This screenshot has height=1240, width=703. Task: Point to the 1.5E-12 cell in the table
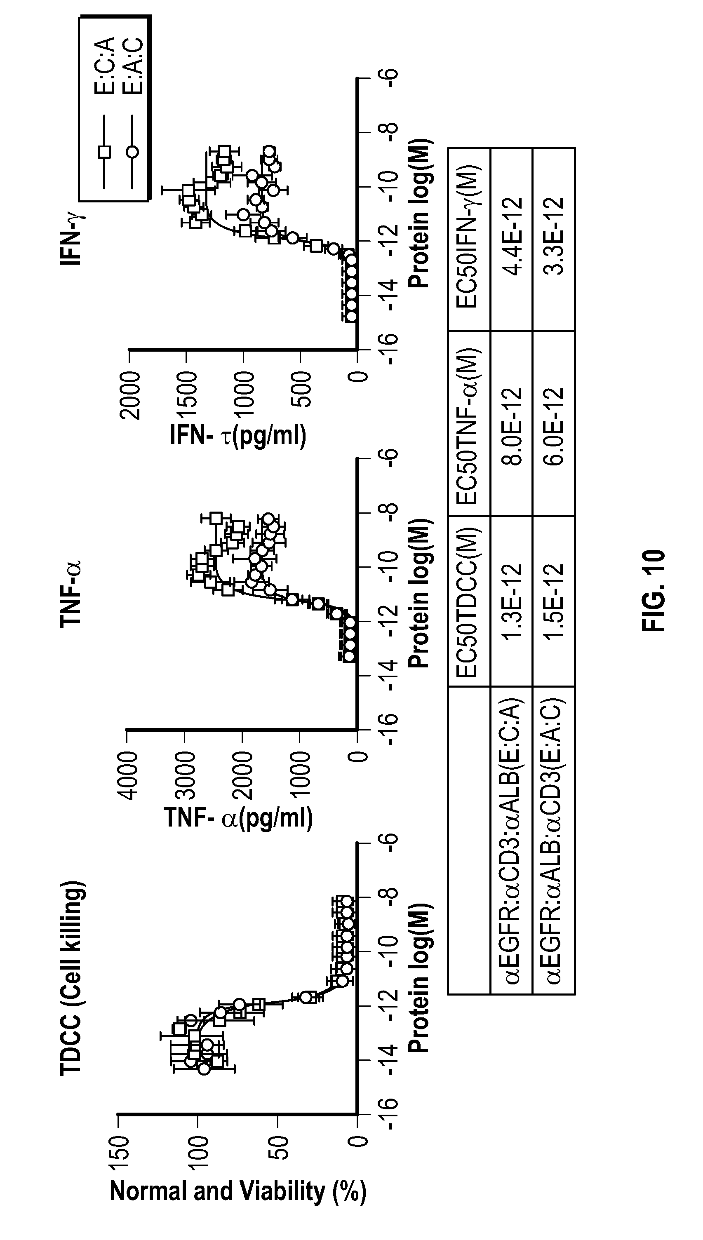click(x=553, y=601)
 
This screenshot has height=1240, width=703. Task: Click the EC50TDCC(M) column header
click(x=468, y=601)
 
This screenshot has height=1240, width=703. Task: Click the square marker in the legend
click(x=104, y=152)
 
